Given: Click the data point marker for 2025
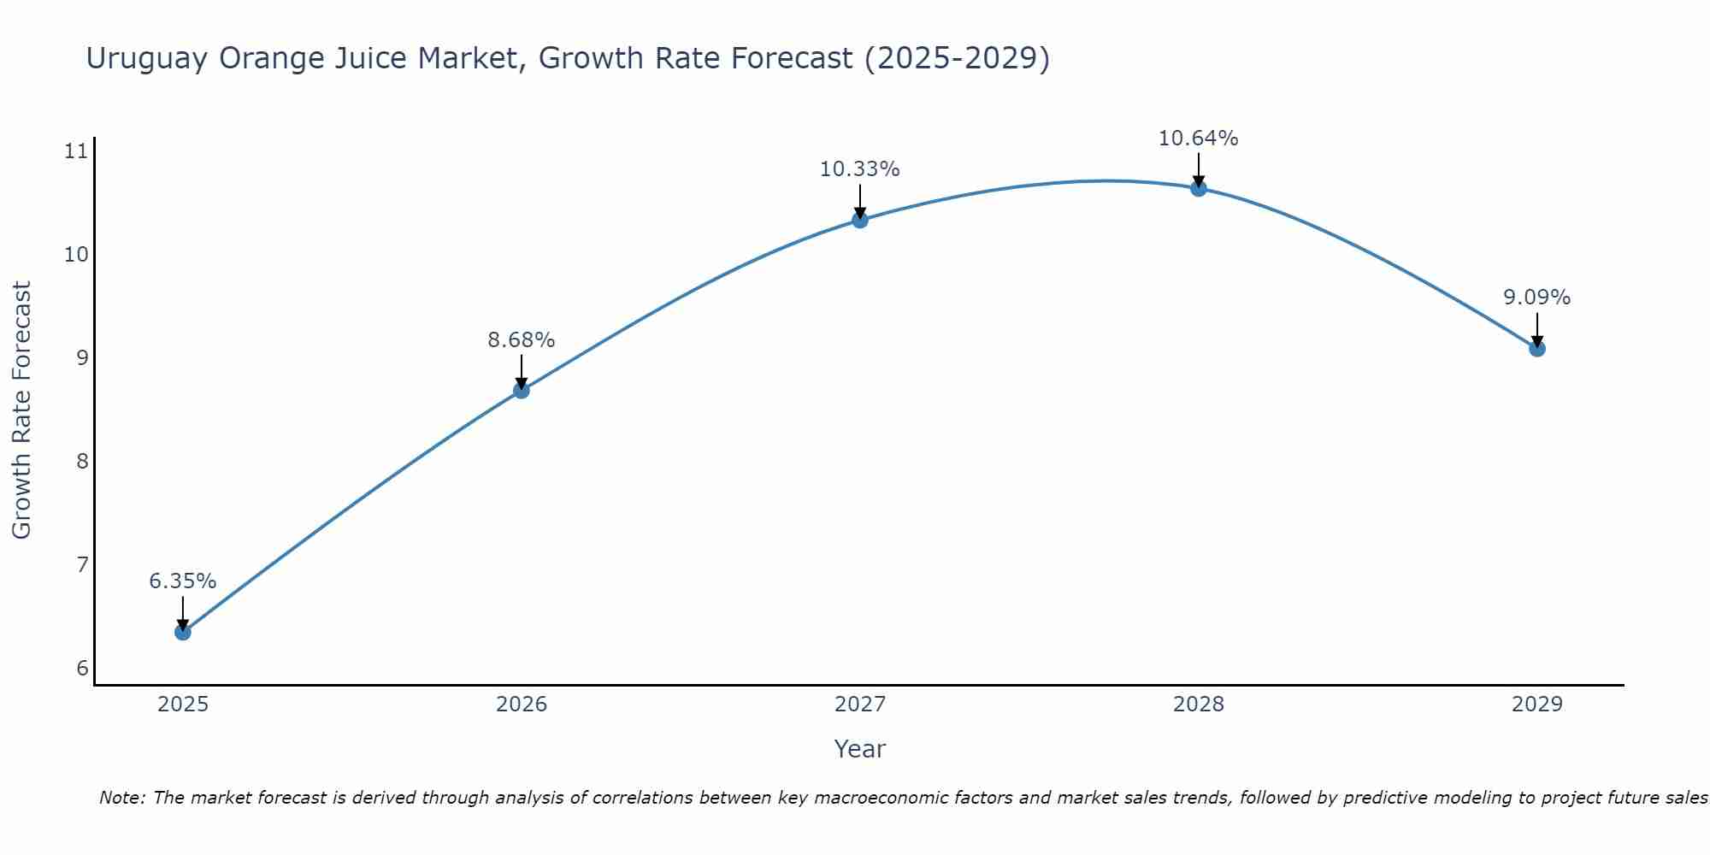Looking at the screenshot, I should click(182, 632).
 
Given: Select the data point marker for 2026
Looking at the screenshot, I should click(521, 391).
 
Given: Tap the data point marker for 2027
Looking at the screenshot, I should click(860, 220).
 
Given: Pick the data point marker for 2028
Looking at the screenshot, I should click(1199, 188).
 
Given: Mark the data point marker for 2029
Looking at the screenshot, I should click(1536, 348).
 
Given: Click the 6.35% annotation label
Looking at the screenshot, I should click(182, 581).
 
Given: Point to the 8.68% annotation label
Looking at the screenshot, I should click(521, 340).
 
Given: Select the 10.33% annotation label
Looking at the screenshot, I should click(859, 169).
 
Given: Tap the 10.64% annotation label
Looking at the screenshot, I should click(1198, 139).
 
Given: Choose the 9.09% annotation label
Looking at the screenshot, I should click(1536, 298).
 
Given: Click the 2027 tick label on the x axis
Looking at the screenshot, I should click(860, 705).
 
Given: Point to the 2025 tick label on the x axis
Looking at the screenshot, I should click(183, 705).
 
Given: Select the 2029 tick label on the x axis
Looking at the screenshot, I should click(1536, 705).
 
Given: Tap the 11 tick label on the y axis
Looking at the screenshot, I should click(76, 152).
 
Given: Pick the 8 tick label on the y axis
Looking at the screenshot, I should click(82, 462).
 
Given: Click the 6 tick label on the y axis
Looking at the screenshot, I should click(82, 668).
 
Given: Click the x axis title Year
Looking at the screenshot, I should click(859, 749).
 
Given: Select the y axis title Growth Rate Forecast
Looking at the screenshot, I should click(21, 410).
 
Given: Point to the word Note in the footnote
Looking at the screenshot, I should click(121, 798).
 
